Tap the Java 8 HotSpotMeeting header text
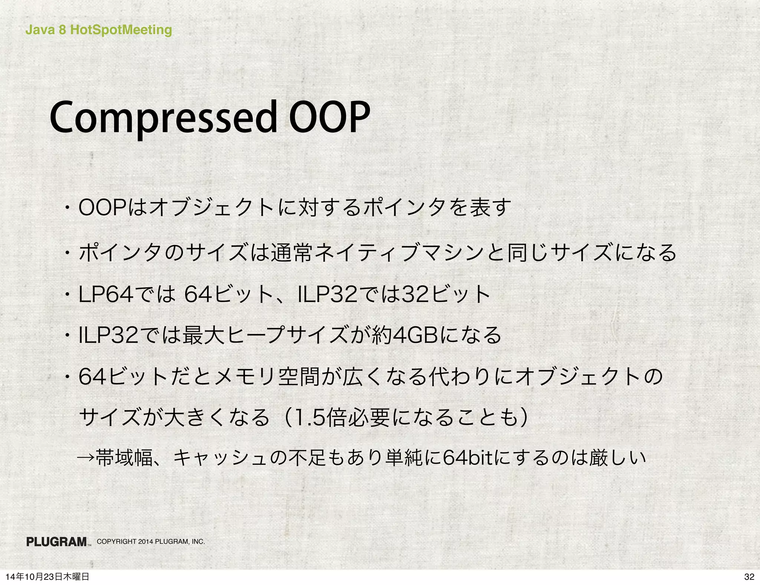98,30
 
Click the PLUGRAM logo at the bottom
57,542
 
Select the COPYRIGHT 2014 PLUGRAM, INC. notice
151,542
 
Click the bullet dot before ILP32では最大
68,336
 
